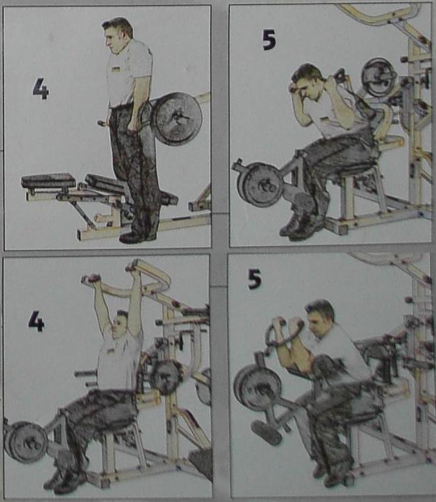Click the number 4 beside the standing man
[x=41, y=88]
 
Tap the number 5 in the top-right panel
[x=269, y=40]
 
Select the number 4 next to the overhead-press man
[x=36, y=321]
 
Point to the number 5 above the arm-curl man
[x=254, y=278]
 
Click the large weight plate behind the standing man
[x=176, y=119]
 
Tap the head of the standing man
[x=117, y=36]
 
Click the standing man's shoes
[x=138, y=236]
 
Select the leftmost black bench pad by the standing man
[x=48, y=180]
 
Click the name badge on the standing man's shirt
[x=116, y=68]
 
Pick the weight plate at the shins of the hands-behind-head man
[x=260, y=185]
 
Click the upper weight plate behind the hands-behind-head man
[x=378, y=77]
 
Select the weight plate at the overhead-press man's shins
[x=25, y=442]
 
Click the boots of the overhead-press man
[x=66, y=480]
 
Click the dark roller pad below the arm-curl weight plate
[x=266, y=432]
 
